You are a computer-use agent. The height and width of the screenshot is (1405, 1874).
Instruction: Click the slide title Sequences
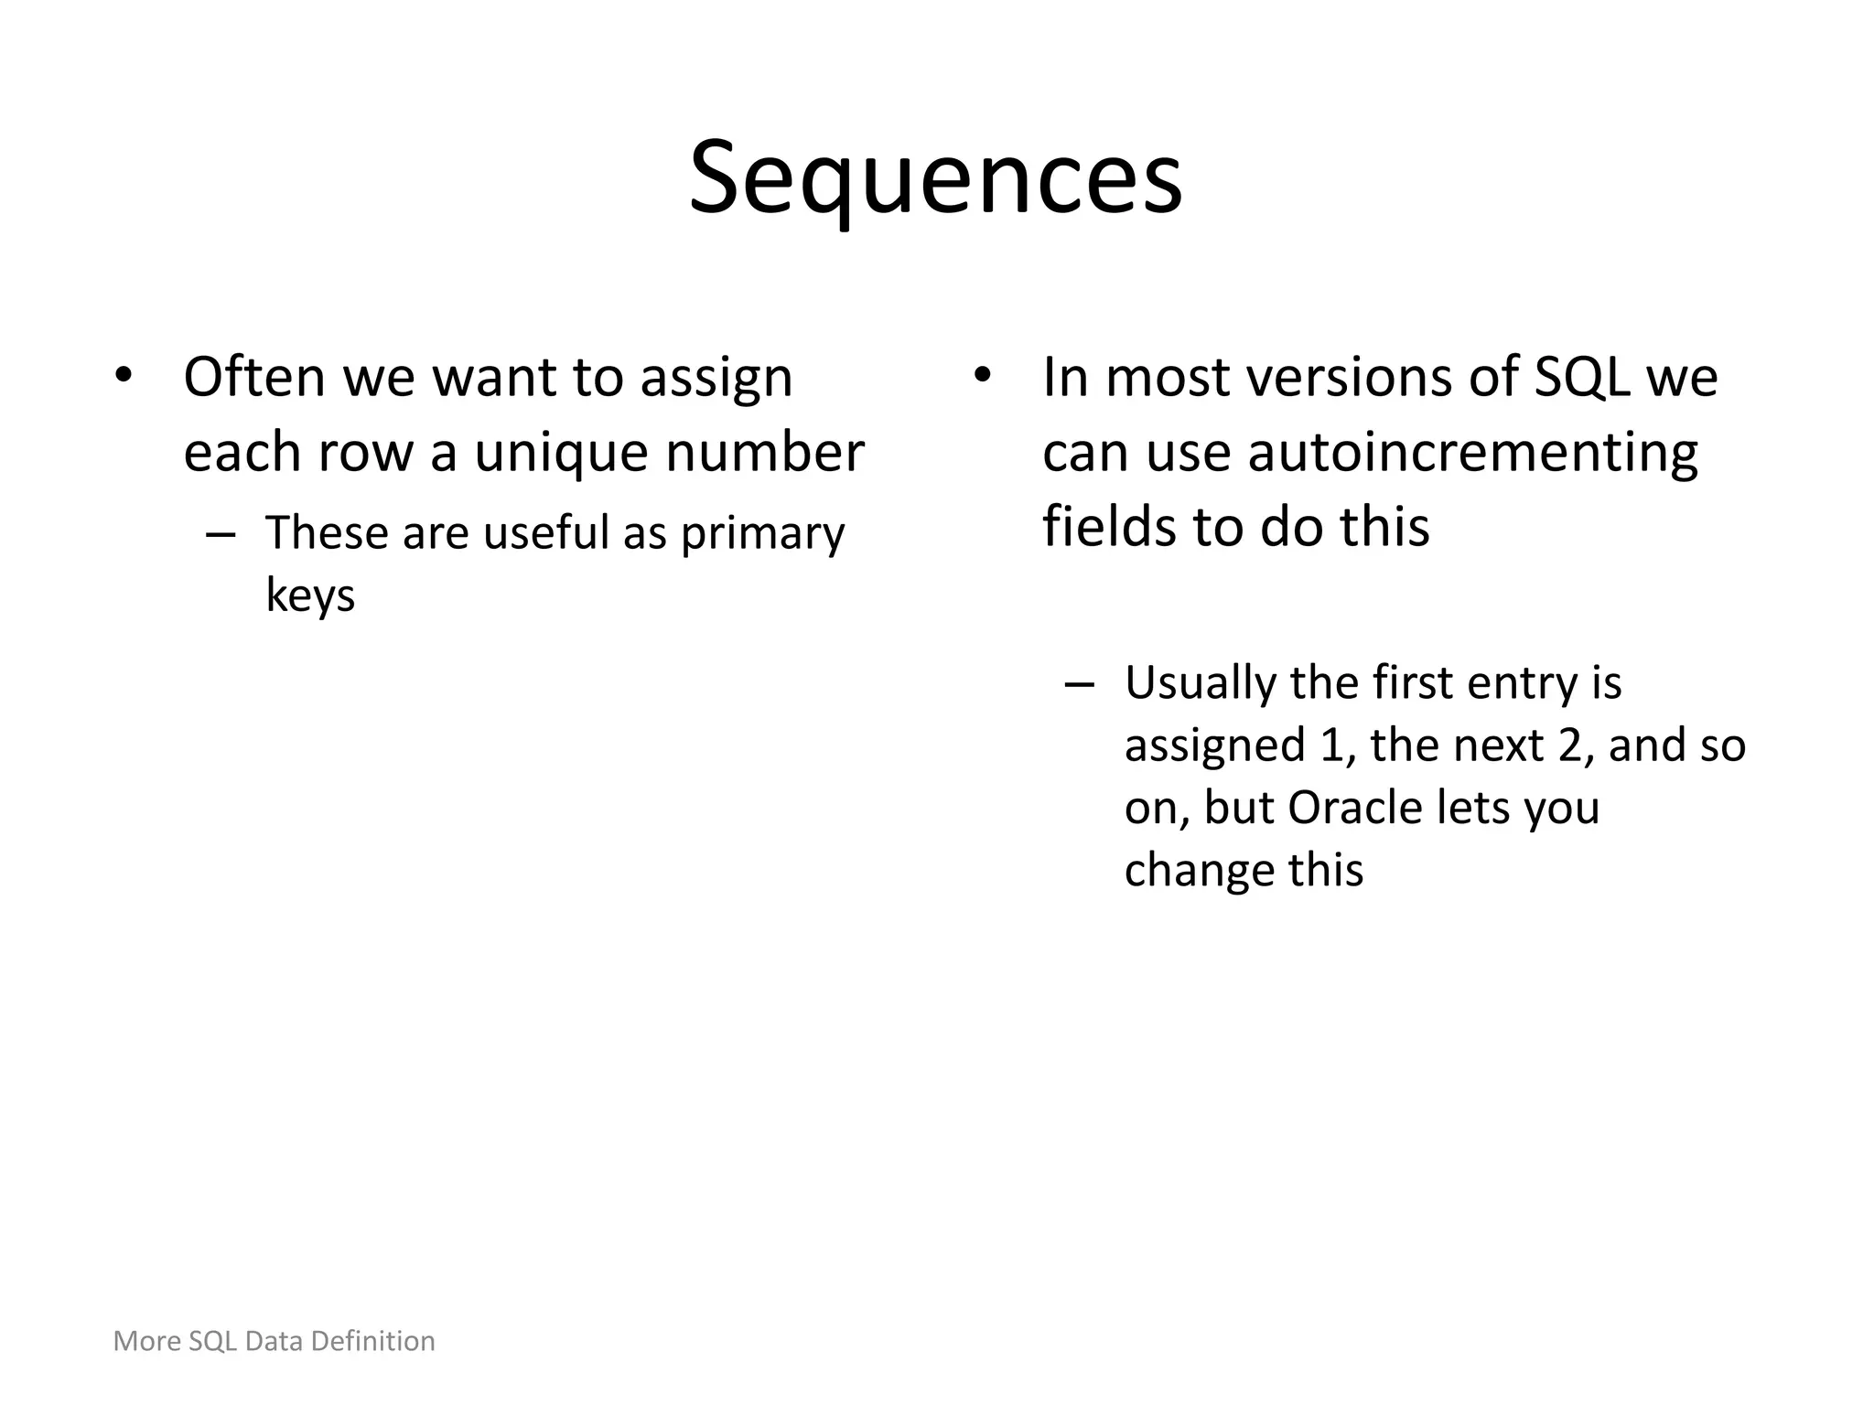click(936, 178)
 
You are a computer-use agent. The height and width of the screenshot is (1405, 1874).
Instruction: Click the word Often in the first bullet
click(254, 377)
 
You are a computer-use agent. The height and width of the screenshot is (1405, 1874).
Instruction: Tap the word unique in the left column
click(560, 452)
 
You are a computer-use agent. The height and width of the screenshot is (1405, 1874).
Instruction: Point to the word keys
click(310, 595)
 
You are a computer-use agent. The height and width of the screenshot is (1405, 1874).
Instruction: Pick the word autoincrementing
click(1472, 452)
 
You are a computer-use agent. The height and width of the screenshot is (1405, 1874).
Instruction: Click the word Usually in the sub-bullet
click(1200, 683)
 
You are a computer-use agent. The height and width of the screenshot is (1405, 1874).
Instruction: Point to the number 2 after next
click(1569, 745)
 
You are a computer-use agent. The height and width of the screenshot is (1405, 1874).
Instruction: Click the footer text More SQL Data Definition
click(274, 1341)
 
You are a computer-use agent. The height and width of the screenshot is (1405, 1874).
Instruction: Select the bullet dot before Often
click(124, 375)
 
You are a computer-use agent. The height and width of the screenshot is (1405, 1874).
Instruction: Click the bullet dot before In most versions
click(983, 375)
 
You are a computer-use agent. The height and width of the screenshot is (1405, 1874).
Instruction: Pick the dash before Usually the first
click(1080, 684)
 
